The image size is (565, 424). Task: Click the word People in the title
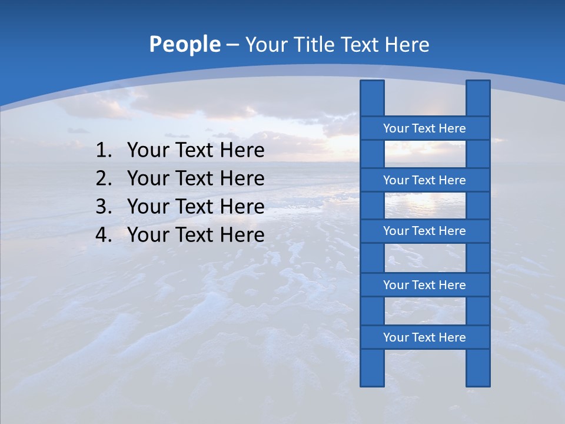[185, 45]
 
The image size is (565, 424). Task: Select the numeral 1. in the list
[104, 151]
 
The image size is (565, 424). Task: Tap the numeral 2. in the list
[104, 179]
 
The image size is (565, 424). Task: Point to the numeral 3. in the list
[104, 207]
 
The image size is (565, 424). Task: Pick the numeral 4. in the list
[104, 236]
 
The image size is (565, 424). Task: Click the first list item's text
[196, 151]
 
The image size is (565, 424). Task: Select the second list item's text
[196, 179]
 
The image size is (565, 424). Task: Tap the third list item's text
[196, 207]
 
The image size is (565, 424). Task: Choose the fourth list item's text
[196, 236]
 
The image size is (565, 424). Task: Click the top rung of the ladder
[424, 128]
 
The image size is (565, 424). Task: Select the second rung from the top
[424, 180]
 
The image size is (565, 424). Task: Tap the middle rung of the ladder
[424, 231]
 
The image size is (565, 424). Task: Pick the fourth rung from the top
[424, 285]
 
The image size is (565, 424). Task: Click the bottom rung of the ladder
[424, 337]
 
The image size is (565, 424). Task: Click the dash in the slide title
[232, 45]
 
